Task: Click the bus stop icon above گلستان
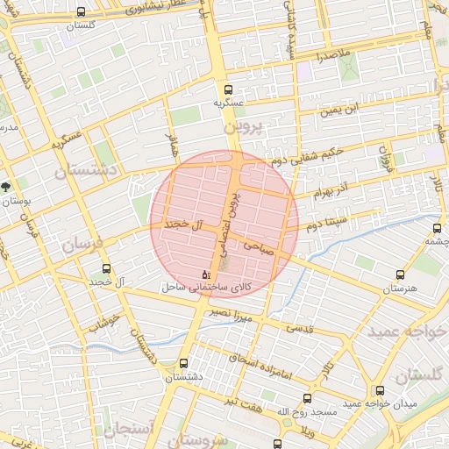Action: (x=82, y=12)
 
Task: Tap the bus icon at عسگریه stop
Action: (x=229, y=89)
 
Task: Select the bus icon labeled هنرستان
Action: (x=401, y=274)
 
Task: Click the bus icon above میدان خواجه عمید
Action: (x=380, y=390)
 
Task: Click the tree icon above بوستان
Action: (x=6, y=187)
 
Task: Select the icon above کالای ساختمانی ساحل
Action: (x=206, y=274)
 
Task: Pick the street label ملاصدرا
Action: (x=334, y=55)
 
